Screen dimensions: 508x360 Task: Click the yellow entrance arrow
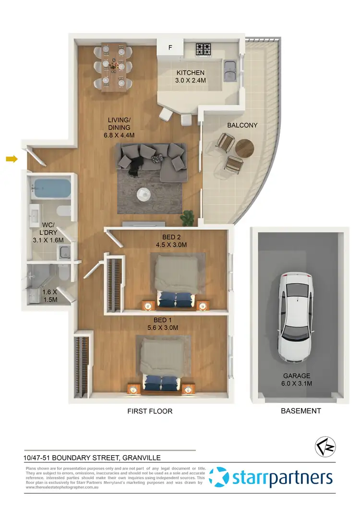point(11,158)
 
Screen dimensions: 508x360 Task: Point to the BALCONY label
point(242,125)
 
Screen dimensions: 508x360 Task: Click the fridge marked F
point(169,48)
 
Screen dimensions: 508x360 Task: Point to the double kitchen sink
point(230,71)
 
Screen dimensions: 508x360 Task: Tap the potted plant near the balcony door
point(191,218)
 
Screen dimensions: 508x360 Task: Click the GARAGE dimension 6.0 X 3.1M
point(296,384)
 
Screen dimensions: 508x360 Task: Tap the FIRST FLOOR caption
point(150,411)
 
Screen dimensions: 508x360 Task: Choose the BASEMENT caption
point(300,411)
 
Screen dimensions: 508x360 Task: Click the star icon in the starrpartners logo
point(222,477)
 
